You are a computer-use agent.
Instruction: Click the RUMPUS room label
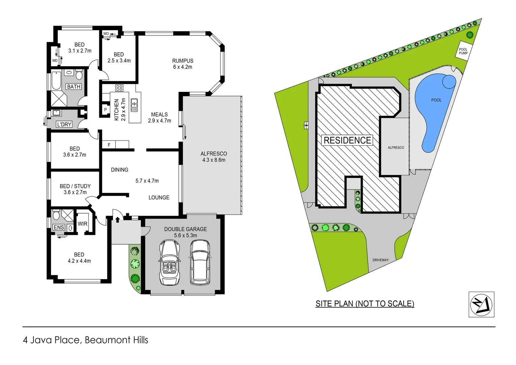pos(183,61)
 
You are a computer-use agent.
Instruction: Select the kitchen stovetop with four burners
pos(119,88)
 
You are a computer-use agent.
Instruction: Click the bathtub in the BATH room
pos(56,80)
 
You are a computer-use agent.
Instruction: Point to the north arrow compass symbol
pos(481,305)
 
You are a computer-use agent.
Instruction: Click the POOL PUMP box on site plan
pos(463,51)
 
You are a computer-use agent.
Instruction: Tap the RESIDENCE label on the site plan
pos(347,140)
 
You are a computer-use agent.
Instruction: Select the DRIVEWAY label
pos(381,260)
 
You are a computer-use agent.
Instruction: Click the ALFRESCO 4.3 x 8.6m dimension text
pos(214,160)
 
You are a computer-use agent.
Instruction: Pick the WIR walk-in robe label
pos(82,224)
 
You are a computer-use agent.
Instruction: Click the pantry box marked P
pos(105,110)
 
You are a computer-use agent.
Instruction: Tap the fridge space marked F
pos(109,145)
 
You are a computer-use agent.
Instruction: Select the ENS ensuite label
pos(59,227)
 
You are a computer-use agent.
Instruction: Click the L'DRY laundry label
pos(64,124)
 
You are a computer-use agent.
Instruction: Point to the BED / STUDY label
pos(75,186)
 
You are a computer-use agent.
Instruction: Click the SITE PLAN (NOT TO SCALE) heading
pos(365,303)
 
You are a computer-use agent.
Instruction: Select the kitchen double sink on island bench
pos(134,105)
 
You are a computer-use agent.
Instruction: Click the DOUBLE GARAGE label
pos(185,229)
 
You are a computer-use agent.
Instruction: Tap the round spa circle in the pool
pos(449,81)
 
